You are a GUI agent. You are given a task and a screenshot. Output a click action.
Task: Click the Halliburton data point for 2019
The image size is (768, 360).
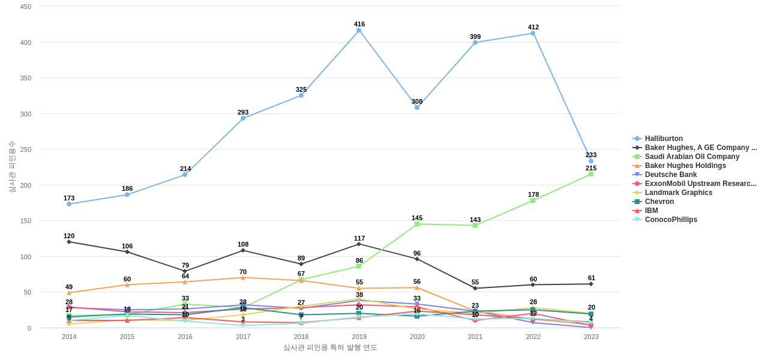359,31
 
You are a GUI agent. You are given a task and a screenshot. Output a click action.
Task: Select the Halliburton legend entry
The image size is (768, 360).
664,139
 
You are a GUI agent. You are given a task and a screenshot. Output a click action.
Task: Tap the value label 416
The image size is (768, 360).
359,24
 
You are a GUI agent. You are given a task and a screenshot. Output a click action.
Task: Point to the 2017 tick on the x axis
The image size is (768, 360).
243,337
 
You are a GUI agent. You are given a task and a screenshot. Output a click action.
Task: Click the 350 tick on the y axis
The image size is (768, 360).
25,78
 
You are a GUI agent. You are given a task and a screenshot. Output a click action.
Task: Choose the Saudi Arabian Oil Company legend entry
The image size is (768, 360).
692,157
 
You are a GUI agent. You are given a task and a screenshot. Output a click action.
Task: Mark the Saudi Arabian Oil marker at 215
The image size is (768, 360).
591,174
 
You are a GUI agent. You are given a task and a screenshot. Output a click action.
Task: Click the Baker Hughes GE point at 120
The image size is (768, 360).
69,242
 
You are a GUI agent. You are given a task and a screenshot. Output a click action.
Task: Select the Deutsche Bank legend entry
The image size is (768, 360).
671,175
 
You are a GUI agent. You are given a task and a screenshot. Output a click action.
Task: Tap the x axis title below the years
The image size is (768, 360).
330,347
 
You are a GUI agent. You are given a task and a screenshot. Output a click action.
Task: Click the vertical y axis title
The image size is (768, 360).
12,167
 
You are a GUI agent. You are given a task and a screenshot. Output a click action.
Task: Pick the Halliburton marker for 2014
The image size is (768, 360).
69,204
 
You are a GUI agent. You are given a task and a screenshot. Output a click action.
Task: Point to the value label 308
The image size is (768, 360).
417,101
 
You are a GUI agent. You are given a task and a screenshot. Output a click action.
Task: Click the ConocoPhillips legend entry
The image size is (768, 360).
671,220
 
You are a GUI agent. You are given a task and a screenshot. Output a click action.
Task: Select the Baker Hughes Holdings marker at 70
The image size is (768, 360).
243,278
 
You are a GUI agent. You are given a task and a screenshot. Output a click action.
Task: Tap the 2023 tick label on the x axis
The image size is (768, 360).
591,337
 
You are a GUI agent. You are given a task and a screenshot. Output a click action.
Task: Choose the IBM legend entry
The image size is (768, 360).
651,211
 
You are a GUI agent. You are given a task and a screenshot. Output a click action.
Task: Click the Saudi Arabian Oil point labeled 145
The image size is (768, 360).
417,224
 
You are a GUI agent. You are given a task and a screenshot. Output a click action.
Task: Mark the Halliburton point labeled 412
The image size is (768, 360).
533,33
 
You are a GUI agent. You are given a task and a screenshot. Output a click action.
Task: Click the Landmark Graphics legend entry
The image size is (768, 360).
679,193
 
